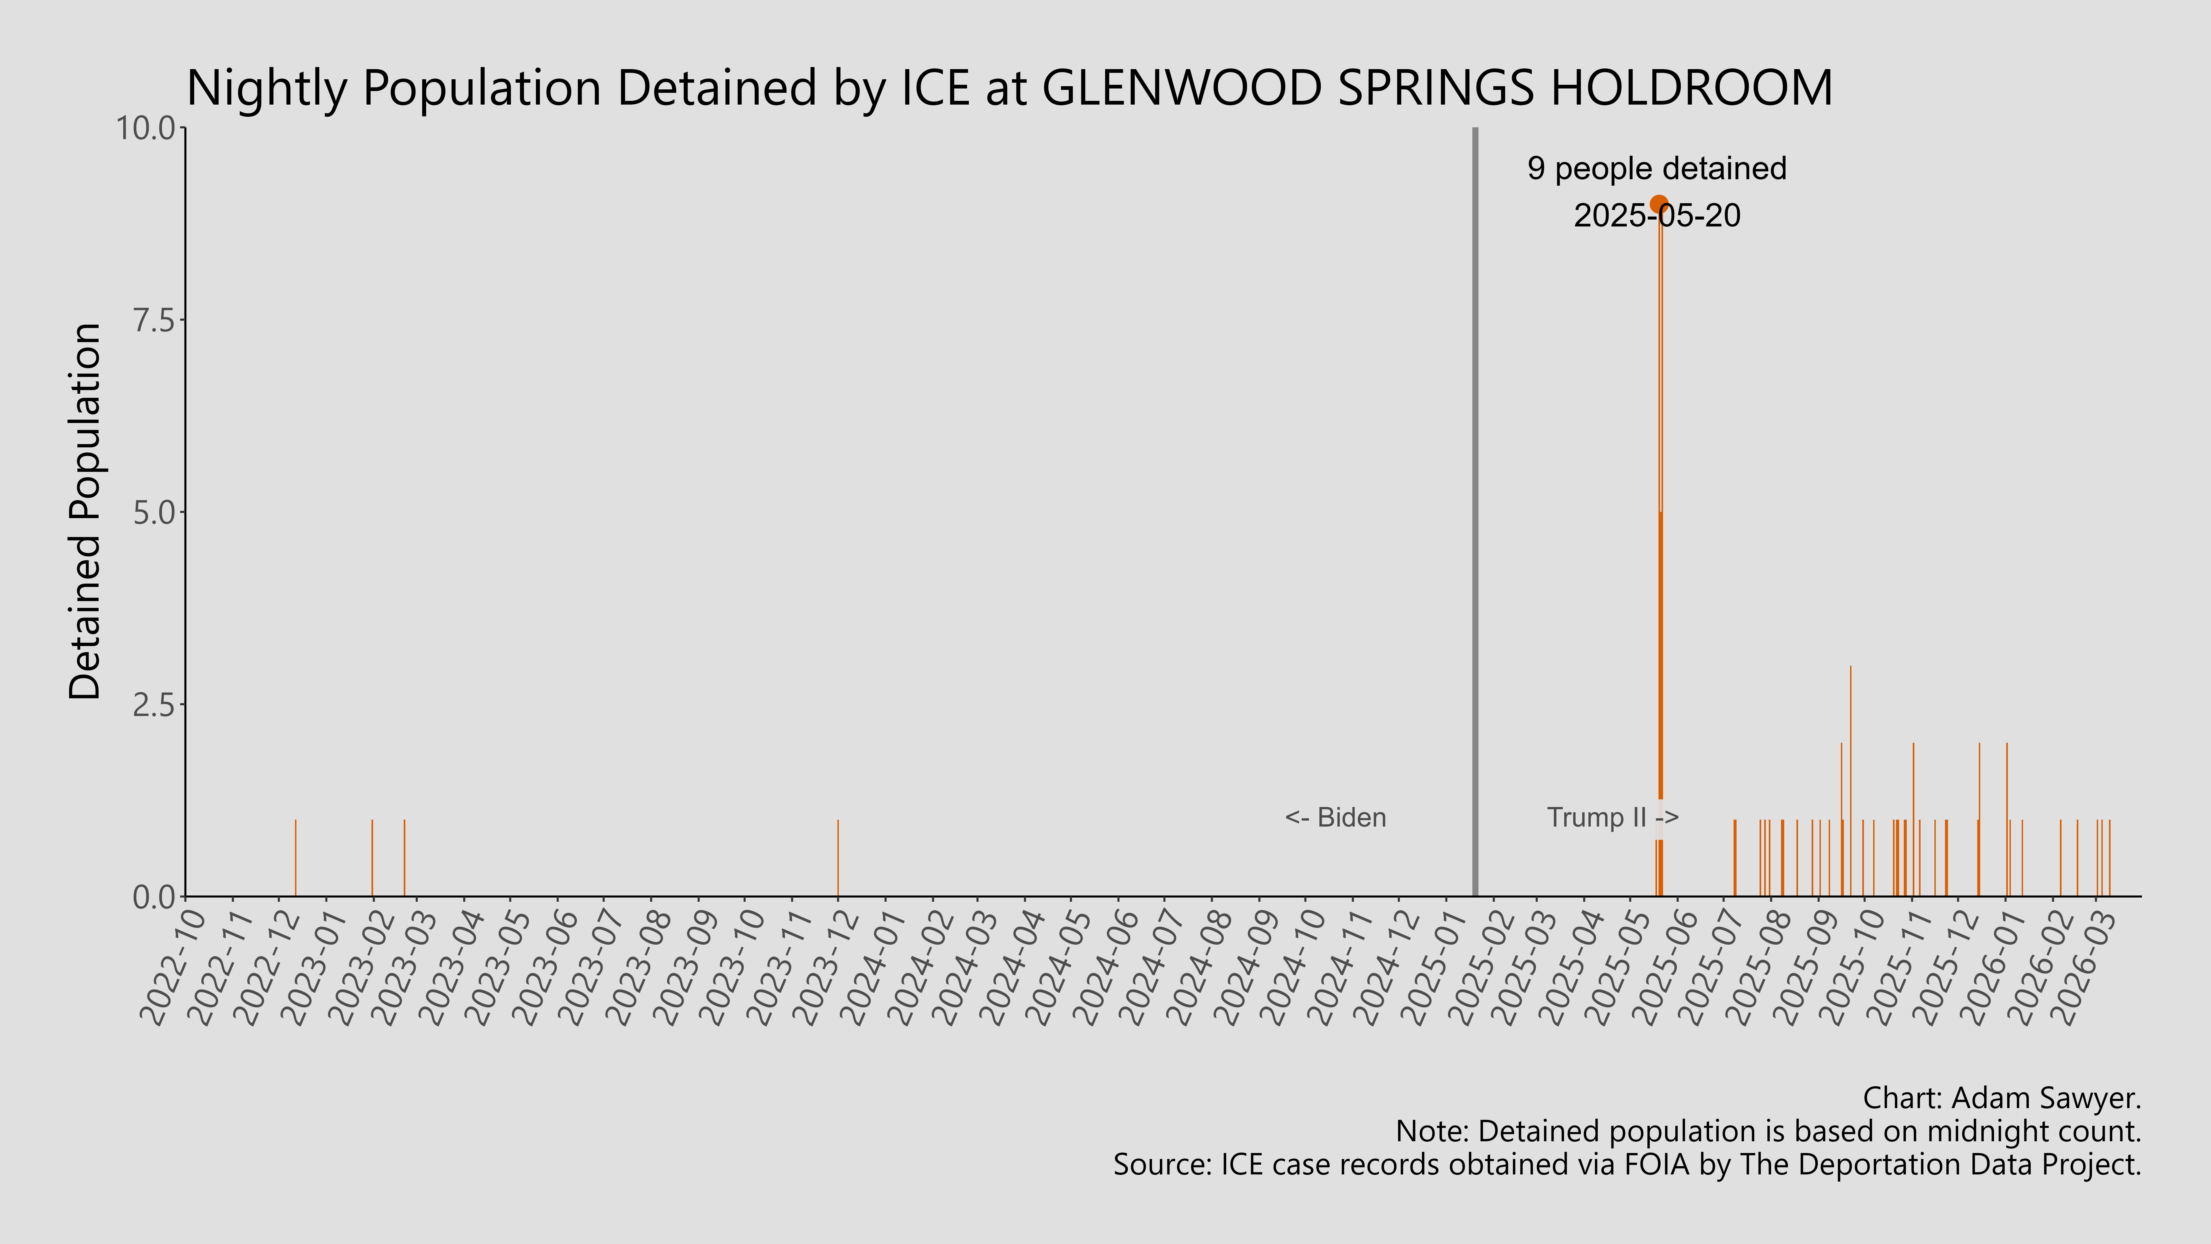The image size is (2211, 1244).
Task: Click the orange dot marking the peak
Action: [x=1658, y=204]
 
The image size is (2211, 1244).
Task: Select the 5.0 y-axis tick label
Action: [x=155, y=513]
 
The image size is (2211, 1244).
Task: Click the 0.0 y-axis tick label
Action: [x=155, y=897]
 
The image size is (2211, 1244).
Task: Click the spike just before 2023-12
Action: [x=838, y=859]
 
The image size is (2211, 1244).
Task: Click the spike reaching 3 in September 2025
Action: [x=1850, y=773]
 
